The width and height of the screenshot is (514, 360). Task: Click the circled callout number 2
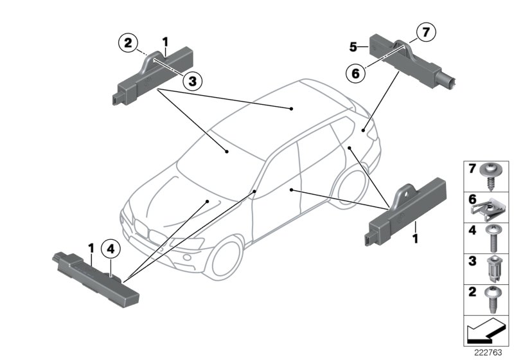tap(128, 44)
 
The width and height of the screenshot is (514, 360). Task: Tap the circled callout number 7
tap(425, 31)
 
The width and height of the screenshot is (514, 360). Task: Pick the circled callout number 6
tap(354, 73)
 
